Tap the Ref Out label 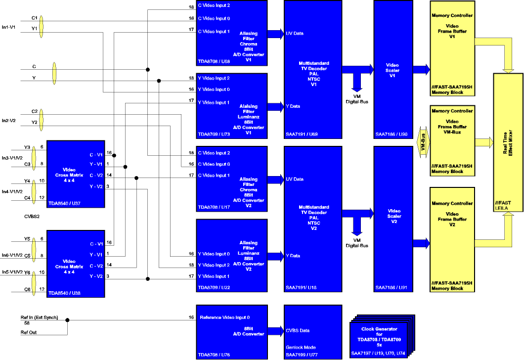[x=29, y=332]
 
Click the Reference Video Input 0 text [x=224, y=317]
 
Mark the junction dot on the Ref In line [x=67, y=319]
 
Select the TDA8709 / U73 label [x=214, y=135]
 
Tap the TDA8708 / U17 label [x=214, y=207]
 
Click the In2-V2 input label [x=9, y=120]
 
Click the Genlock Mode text [x=301, y=347]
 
